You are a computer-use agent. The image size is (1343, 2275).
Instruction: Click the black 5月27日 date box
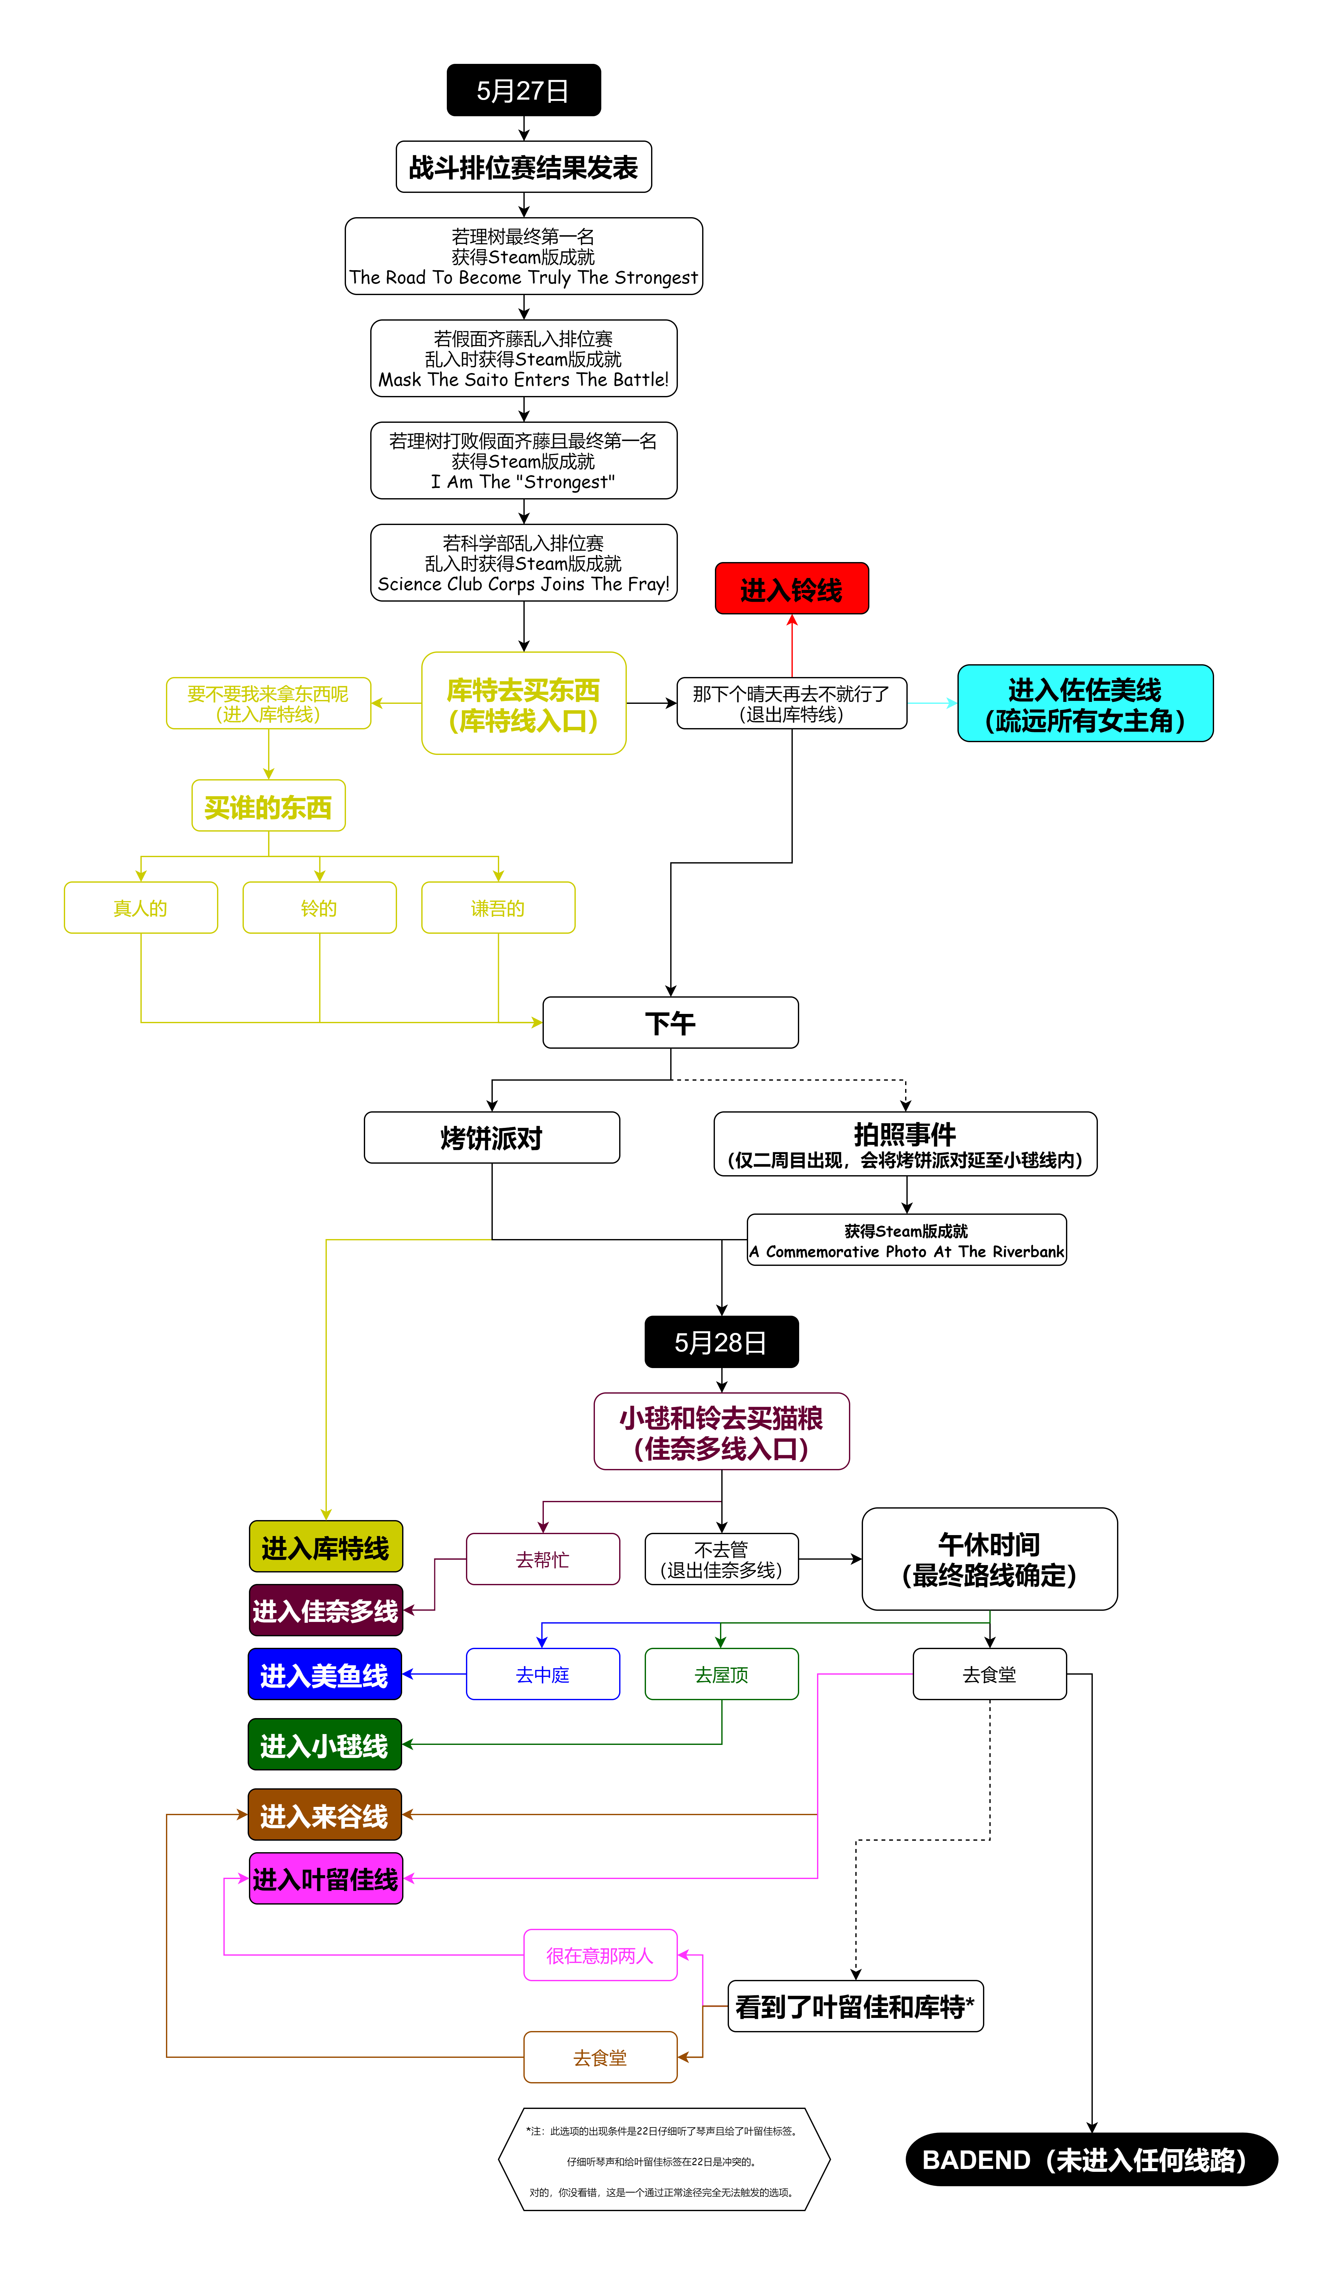coord(523,90)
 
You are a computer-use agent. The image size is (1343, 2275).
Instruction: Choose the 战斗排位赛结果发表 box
coord(523,167)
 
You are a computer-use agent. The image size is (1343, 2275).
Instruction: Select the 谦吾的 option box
coord(498,908)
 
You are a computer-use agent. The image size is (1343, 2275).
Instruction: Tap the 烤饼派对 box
coord(491,1138)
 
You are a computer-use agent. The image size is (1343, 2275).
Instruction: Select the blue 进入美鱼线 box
coord(325,1675)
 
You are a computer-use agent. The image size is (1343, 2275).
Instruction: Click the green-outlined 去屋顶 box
coord(721,1675)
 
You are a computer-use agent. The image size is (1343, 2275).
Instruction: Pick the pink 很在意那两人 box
coord(600,1955)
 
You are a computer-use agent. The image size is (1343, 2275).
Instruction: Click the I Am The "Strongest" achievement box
coord(523,461)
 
